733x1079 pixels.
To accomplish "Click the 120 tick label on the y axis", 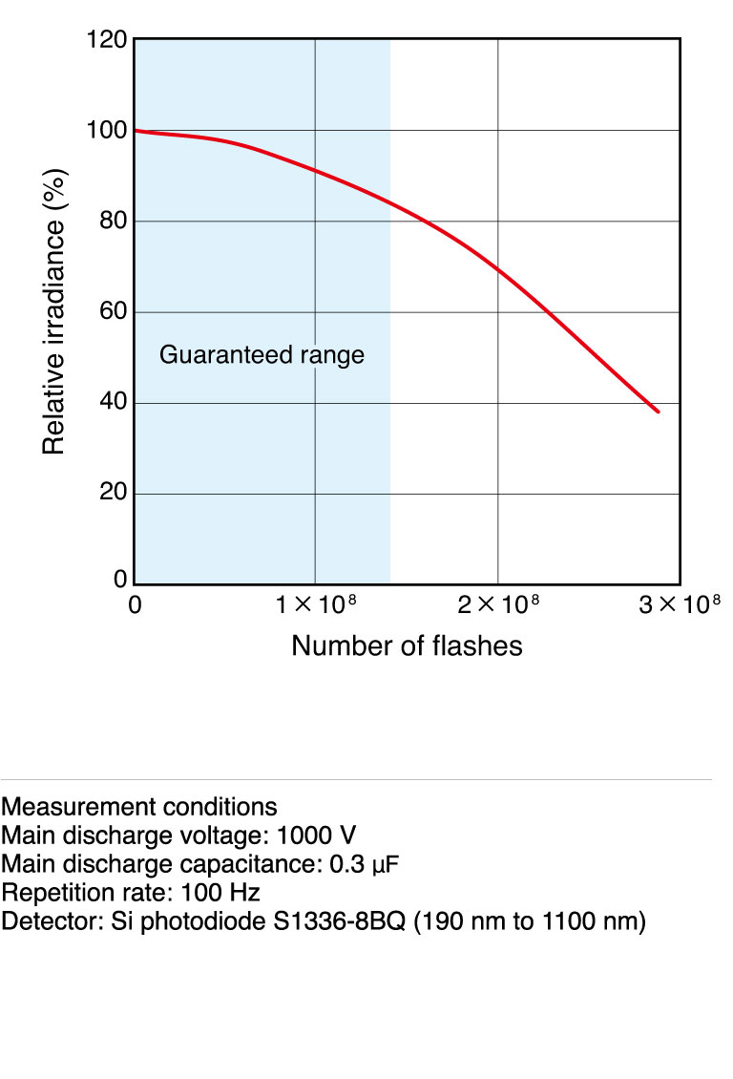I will (x=106, y=40).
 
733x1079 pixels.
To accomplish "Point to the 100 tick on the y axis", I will (x=106, y=131).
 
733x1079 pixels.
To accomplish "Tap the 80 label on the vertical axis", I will (x=112, y=222).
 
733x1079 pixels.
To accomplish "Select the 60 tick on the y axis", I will (x=112, y=312).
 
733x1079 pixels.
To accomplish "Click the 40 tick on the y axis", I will (x=112, y=403).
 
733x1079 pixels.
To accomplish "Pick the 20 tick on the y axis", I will (x=112, y=494).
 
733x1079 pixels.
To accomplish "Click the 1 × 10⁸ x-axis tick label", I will (x=316, y=604).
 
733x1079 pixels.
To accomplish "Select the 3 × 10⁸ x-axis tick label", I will (x=679, y=604).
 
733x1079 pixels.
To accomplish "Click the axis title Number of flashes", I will (x=407, y=646).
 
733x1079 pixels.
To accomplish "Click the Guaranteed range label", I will (x=262, y=355).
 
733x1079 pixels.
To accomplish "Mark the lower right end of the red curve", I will (x=659, y=412).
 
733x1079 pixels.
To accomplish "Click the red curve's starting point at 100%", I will (x=136, y=131).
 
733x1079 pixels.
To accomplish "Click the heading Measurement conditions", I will (x=139, y=806).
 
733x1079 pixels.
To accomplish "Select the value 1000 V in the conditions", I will (x=317, y=836).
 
